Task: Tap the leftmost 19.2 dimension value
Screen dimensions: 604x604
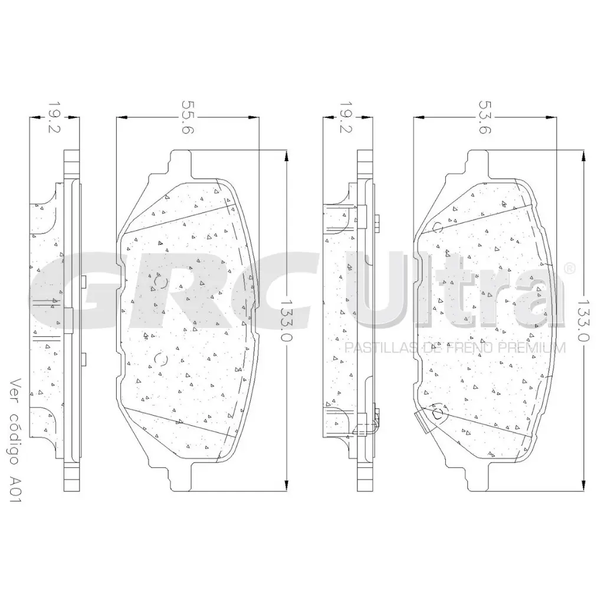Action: click(54, 117)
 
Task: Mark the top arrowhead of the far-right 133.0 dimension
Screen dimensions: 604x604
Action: click(583, 155)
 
